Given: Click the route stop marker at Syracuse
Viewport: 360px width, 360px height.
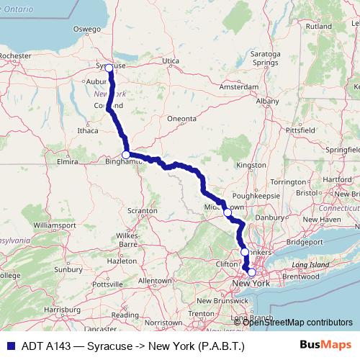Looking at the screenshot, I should [x=109, y=68].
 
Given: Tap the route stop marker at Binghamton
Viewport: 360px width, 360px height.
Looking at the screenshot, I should [x=126, y=155].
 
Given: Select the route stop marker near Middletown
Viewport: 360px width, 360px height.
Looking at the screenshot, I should [x=228, y=212].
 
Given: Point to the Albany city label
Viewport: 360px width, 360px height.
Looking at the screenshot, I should [x=266, y=102].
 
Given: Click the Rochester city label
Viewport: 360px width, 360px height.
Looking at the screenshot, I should [x=16, y=55].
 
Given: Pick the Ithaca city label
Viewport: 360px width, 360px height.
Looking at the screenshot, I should [x=87, y=131].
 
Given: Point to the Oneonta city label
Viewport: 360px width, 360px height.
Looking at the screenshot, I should [x=181, y=118].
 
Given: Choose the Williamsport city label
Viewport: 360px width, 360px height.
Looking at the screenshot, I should [x=55, y=225].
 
